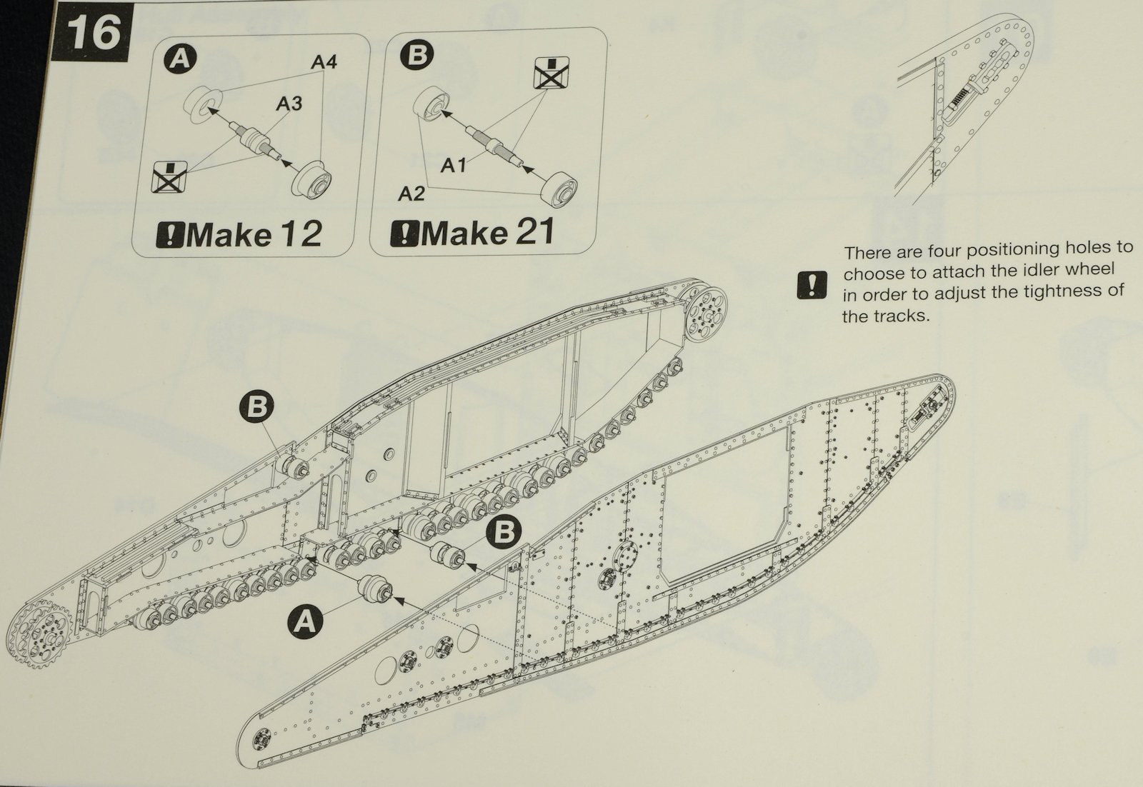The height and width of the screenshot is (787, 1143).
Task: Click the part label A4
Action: [x=324, y=63]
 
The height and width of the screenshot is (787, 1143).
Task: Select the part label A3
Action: [x=289, y=104]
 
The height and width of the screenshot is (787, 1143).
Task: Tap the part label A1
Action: [x=454, y=166]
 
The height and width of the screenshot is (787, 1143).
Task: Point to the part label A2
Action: [x=411, y=194]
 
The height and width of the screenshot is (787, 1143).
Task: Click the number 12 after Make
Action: [x=300, y=234]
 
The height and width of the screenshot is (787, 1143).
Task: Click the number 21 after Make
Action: [x=531, y=233]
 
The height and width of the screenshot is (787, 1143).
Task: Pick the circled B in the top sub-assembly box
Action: [x=416, y=55]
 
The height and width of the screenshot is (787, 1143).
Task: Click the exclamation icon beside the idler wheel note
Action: [x=812, y=285]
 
